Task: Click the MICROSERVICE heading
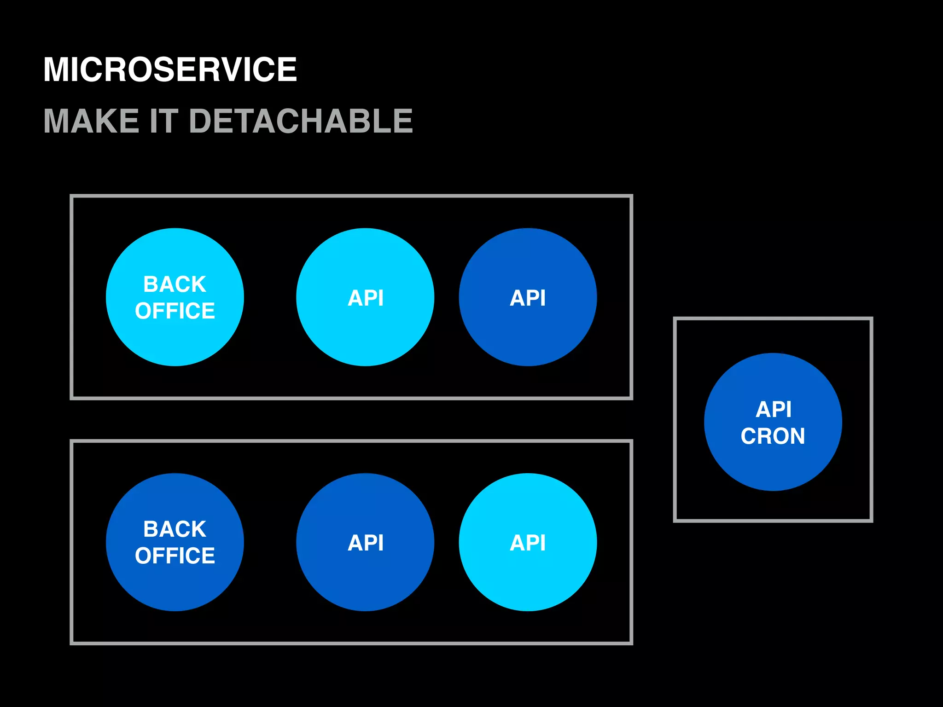coord(170,70)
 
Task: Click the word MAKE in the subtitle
coord(91,121)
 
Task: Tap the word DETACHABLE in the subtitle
coord(301,121)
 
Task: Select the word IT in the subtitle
coord(164,121)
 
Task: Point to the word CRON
coord(773,436)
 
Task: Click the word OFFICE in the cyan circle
coord(175,311)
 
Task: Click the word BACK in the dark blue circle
coord(175,529)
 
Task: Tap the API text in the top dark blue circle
coord(528,298)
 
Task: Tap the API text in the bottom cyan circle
coord(528,543)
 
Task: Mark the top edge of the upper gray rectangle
coord(351,196)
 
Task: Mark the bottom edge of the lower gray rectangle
coord(351,643)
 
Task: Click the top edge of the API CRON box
coord(773,319)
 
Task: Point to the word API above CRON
coord(774,409)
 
